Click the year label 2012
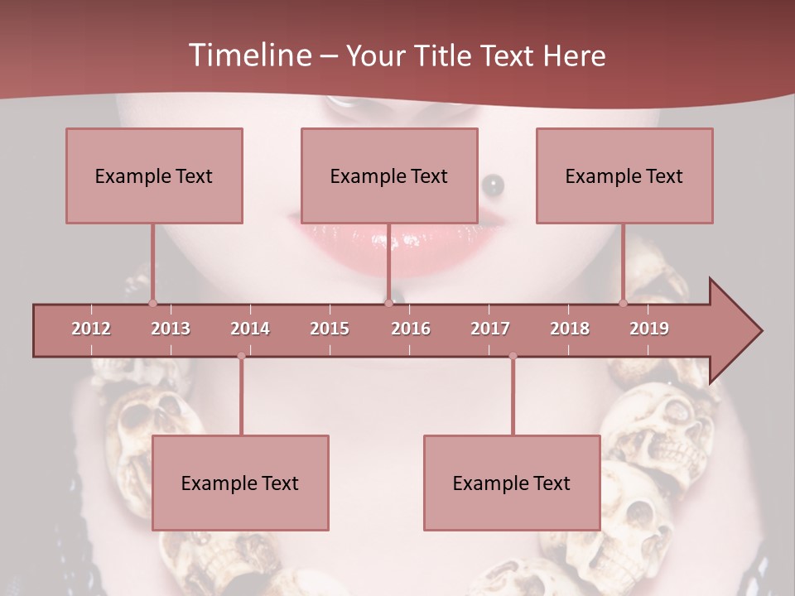[x=91, y=329]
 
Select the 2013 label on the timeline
[x=171, y=329]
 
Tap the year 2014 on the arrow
[x=250, y=329]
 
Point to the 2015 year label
[x=330, y=329]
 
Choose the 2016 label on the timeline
[x=411, y=329]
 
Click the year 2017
[x=490, y=329]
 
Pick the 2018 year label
[x=570, y=329]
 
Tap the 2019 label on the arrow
[x=649, y=329]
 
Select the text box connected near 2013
[x=154, y=175]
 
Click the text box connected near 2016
[x=389, y=175]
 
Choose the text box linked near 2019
[x=624, y=175]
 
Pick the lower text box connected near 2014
[x=240, y=483]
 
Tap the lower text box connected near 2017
[x=512, y=483]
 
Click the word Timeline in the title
[x=248, y=55]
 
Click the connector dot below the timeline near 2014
[x=241, y=356]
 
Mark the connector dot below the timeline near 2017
[x=513, y=356]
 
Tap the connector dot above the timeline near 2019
[x=624, y=303]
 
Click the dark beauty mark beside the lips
[x=492, y=181]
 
